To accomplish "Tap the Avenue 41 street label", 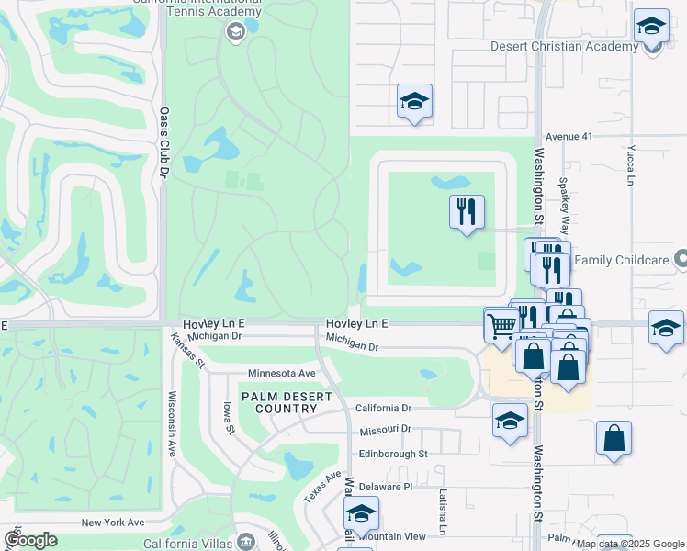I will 569,136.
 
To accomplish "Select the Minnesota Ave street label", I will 282,374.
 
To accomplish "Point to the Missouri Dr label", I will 384,430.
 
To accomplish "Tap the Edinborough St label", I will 393,454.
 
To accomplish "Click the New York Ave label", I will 113,523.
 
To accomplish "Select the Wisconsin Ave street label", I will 172,425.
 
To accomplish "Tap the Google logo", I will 30,539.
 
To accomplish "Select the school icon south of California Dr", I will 510,422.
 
